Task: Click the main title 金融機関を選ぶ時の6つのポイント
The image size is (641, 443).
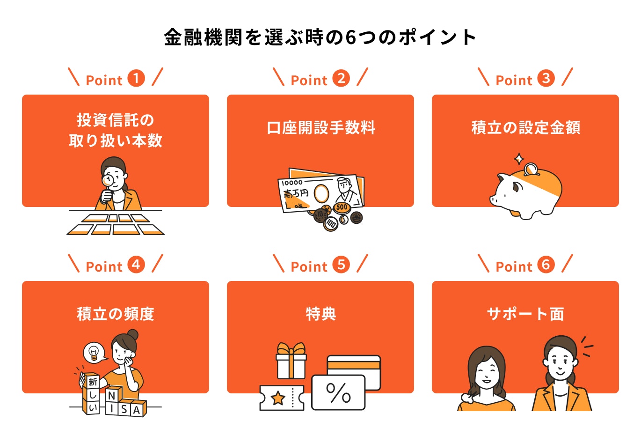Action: coord(320,37)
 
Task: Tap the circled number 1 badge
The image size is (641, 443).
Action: coord(136,78)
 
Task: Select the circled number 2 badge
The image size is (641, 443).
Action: coord(341,78)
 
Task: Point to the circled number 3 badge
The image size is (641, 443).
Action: coord(546,78)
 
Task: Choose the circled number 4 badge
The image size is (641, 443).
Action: coord(136,265)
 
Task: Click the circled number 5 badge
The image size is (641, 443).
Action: coord(341,265)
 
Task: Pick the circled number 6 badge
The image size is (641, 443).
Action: coord(546,265)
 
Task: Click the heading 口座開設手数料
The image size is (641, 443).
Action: coord(320,128)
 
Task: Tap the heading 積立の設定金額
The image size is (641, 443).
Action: coord(525,128)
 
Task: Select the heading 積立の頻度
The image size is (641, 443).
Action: coord(116,314)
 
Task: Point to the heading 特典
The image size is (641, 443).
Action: coord(320,314)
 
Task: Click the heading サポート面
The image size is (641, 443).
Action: coord(525,314)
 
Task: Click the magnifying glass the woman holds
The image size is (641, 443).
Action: coord(108,180)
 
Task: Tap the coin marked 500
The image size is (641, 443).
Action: coord(342,207)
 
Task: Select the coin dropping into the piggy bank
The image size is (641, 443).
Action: coord(531,169)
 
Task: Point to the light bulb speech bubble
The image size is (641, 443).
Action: coord(94,352)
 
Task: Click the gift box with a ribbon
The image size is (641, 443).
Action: coord(291,362)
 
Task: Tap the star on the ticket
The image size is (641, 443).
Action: coord(278,398)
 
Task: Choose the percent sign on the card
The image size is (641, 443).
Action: coord(338,392)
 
